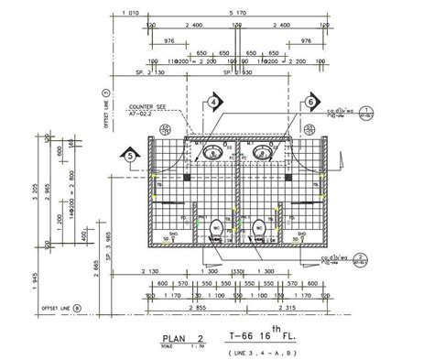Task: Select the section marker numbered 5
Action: click(131, 157)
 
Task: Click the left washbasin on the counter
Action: click(213, 151)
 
